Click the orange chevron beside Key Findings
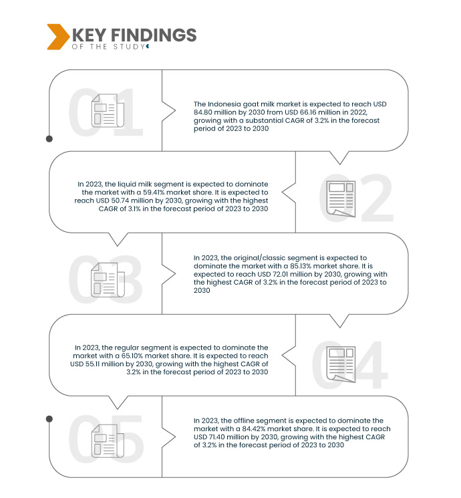pos(58,37)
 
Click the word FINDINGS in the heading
pos(154,35)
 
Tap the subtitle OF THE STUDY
pos(109,47)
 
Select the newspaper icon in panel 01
pos(108,110)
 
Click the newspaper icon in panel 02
pos(341,199)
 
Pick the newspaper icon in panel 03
pos(108,280)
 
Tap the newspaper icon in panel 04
pos(341,364)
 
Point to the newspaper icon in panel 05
pos(108,441)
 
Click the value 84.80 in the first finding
pos(203,112)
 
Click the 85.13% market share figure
pos(301,266)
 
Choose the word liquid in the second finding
pos(127,184)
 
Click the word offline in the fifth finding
pos(245,421)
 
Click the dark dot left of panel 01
pos(49,139)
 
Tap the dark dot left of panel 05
pos(49,419)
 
